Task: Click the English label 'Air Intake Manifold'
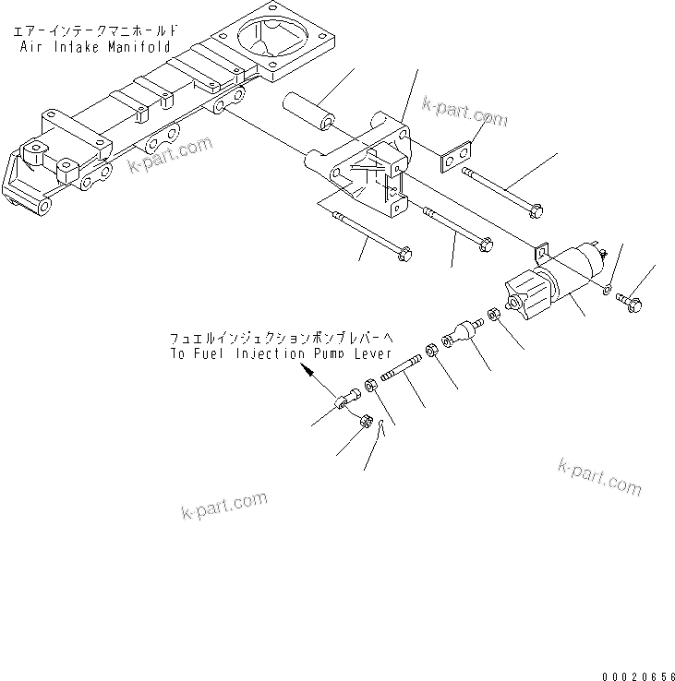(x=90, y=43)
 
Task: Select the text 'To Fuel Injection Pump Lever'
(x=281, y=353)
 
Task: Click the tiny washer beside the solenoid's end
(x=606, y=290)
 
